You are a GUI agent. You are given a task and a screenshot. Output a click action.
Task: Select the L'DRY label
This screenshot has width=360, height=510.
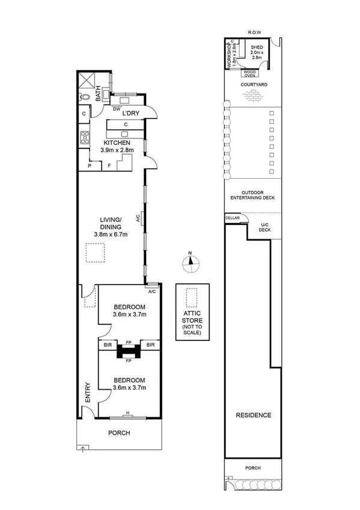[131, 114]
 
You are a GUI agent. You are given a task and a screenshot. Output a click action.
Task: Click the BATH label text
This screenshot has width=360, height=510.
[99, 96]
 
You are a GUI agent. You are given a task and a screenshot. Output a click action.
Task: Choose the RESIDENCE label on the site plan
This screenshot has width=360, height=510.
[253, 415]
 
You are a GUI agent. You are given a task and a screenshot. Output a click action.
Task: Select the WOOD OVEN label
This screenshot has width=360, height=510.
[249, 73]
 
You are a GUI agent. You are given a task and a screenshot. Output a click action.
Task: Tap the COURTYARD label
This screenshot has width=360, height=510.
[254, 85]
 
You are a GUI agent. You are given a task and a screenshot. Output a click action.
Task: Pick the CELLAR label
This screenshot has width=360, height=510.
[232, 218]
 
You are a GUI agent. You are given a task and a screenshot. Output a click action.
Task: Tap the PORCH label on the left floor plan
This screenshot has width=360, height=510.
[119, 432]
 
